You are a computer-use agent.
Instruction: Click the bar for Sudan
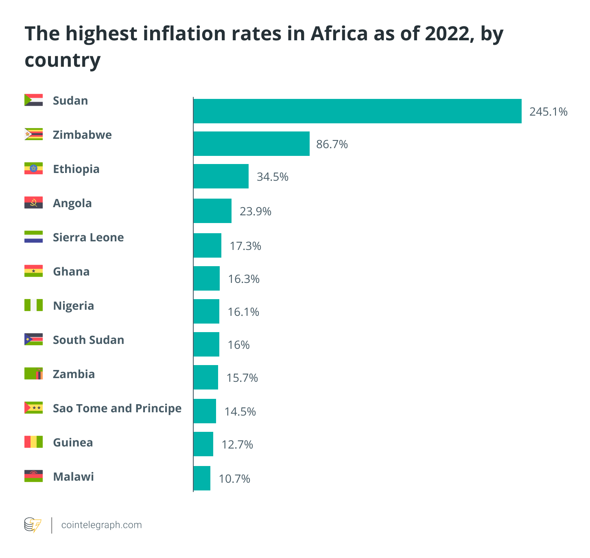click(357, 111)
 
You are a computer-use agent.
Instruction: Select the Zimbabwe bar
click(251, 144)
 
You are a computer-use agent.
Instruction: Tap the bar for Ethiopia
click(221, 176)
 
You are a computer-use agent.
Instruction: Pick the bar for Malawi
click(202, 478)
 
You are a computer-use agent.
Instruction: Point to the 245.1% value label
click(548, 112)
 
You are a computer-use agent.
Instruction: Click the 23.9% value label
click(255, 211)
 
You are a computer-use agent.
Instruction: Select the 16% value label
click(238, 345)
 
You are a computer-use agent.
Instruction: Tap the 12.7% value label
click(237, 444)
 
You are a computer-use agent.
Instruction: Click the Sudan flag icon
click(33, 100)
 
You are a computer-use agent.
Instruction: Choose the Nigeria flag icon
click(33, 305)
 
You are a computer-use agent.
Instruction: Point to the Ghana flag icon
click(33, 271)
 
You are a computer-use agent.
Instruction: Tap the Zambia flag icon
click(33, 374)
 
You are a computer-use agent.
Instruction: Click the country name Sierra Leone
click(88, 237)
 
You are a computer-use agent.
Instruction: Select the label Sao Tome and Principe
click(117, 408)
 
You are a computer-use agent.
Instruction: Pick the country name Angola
click(72, 203)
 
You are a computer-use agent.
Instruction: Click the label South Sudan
click(88, 340)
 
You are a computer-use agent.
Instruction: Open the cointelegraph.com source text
click(101, 525)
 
